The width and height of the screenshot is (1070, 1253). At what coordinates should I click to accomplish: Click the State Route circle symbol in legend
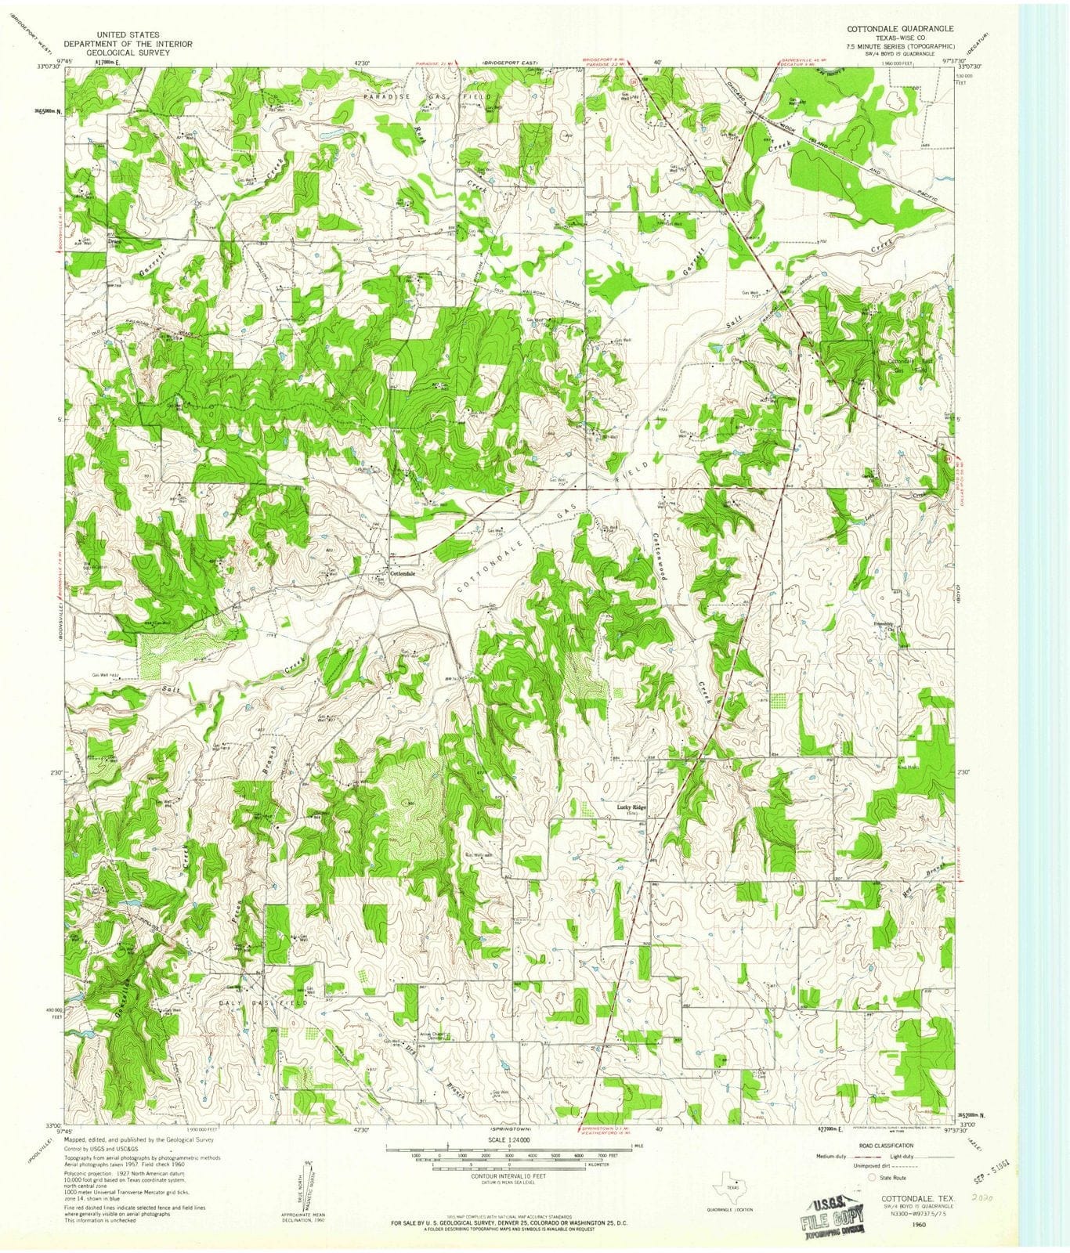click(x=871, y=1176)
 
